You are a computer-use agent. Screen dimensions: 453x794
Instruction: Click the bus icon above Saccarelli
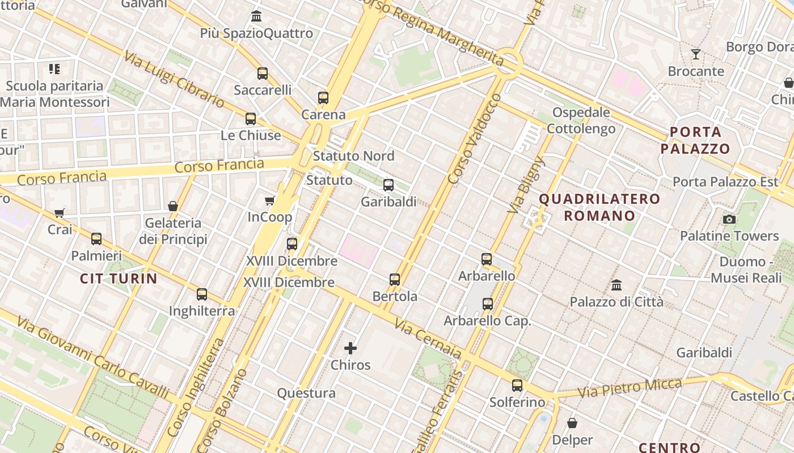coord(262,73)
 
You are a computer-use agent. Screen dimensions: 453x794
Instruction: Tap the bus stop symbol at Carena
coord(323,98)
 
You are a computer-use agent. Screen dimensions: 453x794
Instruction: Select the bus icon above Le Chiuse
coord(250,119)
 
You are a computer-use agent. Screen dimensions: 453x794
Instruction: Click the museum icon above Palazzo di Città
coord(616,285)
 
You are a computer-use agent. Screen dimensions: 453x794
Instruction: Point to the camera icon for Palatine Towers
coord(729,219)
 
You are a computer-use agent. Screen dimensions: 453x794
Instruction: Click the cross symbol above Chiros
coord(350,348)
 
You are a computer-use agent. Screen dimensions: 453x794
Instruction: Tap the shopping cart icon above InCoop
coord(270,200)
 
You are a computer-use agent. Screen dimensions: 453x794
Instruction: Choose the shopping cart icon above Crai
coord(60,213)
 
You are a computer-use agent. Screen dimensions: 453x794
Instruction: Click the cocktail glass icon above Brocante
coord(696,54)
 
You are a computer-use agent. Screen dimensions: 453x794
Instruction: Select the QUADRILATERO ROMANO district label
coord(599,207)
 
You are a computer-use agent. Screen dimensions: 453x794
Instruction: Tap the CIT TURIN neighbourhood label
coord(119,278)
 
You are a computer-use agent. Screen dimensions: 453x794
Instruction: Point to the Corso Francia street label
coord(219,166)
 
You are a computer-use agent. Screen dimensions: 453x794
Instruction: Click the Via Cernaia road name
coord(428,339)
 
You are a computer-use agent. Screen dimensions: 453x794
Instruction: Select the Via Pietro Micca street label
coord(630,388)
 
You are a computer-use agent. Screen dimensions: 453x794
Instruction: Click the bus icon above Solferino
coord(517,386)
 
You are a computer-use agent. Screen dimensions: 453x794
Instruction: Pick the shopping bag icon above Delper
coord(572,423)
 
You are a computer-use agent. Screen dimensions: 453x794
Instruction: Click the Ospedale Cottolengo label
coord(581,121)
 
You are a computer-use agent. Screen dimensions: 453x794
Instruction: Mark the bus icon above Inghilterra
coord(202,294)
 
